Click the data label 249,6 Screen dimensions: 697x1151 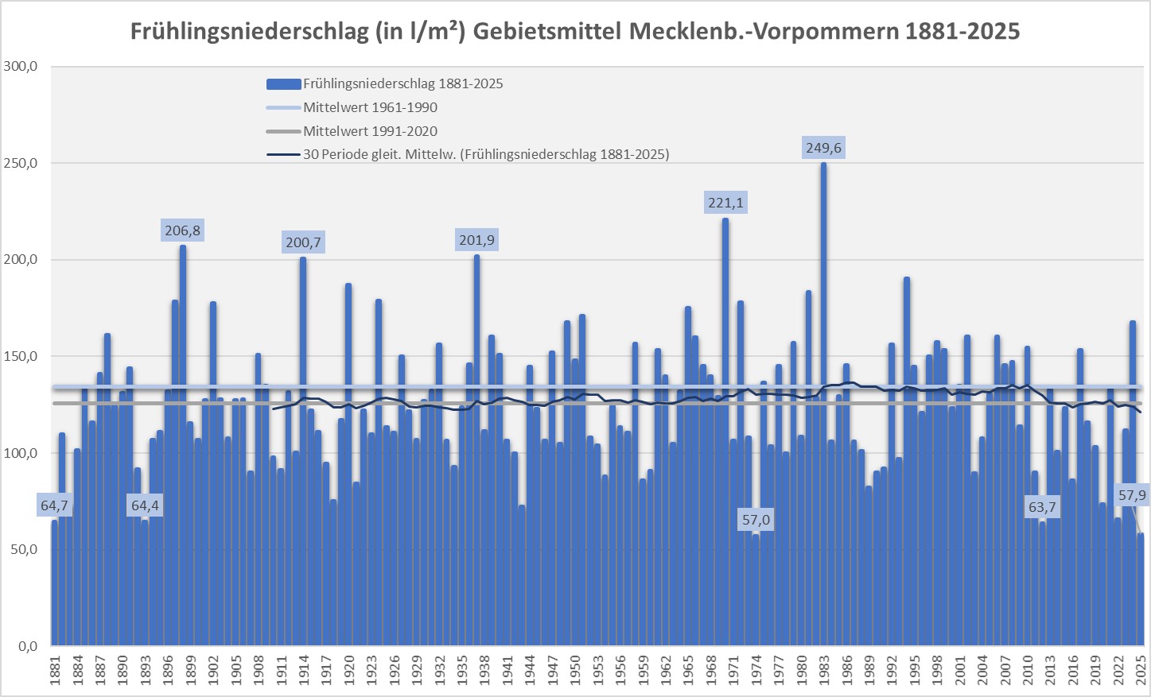[823, 148]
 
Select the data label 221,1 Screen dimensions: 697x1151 [725, 203]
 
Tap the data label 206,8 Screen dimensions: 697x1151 [183, 230]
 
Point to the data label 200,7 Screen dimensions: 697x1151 [304, 242]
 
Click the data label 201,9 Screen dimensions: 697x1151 [477, 240]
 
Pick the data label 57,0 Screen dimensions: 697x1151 [756, 520]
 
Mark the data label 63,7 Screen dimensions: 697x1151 [1042, 507]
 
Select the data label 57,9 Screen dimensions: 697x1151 [1132, 495]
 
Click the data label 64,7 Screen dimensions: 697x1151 [55, 505]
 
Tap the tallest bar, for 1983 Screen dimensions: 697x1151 [823, 397]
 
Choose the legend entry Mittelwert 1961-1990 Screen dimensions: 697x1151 [370, 107]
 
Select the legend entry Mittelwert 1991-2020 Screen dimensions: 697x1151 [370, 131]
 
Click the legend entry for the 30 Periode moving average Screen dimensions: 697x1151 [485, 154]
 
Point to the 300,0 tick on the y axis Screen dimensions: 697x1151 [21, 67]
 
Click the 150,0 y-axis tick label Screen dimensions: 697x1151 [21, 357]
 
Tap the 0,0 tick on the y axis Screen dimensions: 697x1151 [27, 646]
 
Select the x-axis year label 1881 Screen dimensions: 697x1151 [55, 671]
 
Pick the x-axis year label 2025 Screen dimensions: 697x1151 [1140, 671]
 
